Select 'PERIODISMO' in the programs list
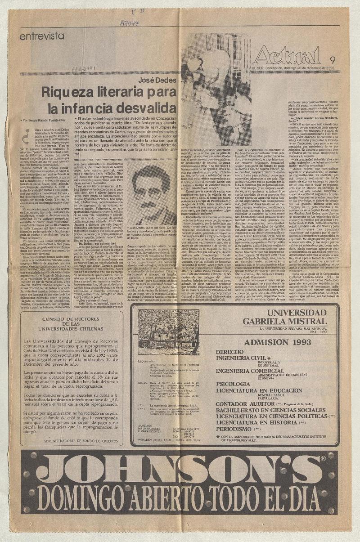pyautogui.click(x=234, y=429)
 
